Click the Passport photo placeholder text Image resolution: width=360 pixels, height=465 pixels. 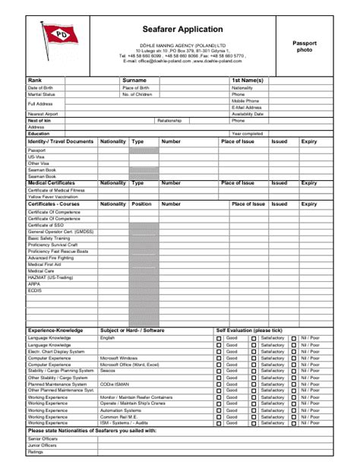coord(305,46)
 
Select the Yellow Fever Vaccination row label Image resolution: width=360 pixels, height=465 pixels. coord(52,196)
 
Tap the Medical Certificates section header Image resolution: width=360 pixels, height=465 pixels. coord(51,183)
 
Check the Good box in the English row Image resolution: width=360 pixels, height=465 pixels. coord(219,337)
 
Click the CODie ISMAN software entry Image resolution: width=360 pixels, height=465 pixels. coord(116,384)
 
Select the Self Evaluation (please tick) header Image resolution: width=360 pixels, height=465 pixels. coord(249,331)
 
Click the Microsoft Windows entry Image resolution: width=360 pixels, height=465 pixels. coord(118,358)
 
